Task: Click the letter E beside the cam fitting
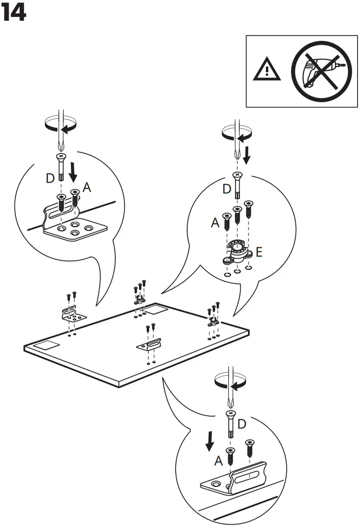(x=259, y=252)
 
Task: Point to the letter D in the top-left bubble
(x=50, y=179)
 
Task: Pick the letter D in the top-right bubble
(x=227, y=189)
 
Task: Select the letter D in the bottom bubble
(x=242, y=424)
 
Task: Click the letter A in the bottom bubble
(x=218, y=461)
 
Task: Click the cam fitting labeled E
(x=236, y=252)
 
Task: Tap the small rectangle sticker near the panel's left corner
(x=48, y=345)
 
